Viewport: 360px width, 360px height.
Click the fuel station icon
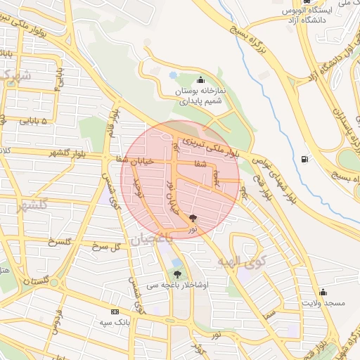[304, 159]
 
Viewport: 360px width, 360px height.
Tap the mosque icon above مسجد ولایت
[323, 291]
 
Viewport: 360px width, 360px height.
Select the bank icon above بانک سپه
[115, 311]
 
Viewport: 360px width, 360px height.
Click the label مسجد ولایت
[322, 302]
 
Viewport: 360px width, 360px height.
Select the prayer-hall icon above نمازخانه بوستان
[201, 79]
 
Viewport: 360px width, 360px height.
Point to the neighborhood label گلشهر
[27, 206]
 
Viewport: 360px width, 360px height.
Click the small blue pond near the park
[174, 75]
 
